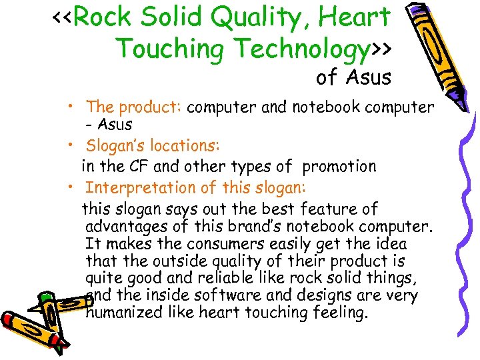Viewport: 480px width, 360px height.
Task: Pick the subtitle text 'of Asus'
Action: click(353, 77)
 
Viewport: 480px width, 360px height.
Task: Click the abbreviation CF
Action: click(143, 166)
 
